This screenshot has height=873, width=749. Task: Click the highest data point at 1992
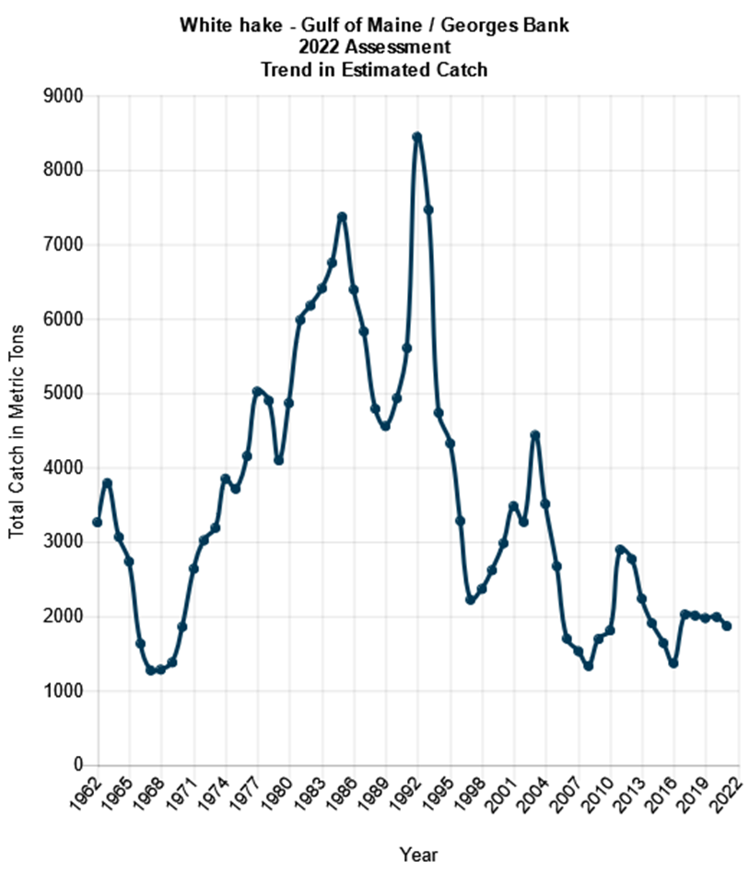pos(417,136)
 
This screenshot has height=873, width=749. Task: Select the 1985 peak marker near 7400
pos(342,217)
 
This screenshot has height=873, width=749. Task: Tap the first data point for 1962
pos(97,523)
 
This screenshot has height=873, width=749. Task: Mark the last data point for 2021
pos(727,626)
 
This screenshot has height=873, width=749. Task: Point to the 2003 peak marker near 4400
pos(534,435)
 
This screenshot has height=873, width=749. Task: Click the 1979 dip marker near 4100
pos(278,460)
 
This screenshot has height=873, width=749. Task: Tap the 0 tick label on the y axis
pos(78,765)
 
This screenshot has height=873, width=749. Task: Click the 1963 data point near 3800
pos(108,483)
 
